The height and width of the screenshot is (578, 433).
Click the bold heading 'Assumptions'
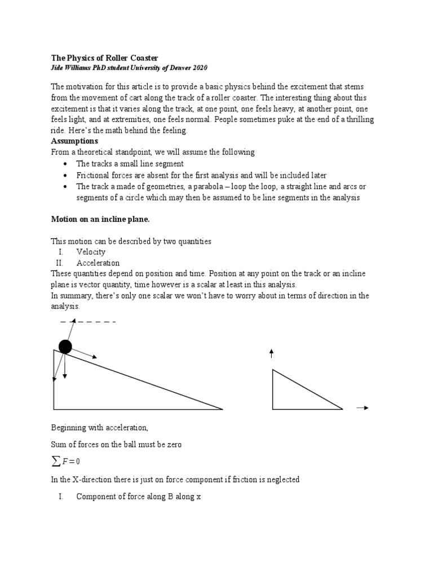[x=74, y=141]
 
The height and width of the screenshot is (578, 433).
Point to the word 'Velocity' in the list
[x=91, y=252]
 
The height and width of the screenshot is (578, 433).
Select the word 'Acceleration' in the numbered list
[x=98, y=262]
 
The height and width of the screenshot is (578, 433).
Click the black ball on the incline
[x=65, y=347]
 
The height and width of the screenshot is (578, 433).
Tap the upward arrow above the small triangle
[x=272, y=354]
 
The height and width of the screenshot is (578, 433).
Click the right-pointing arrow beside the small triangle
[x=363, y=408]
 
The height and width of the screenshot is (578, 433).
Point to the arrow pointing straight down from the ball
[x=65, y=367]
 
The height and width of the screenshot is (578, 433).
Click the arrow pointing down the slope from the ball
[x=85, y=353]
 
